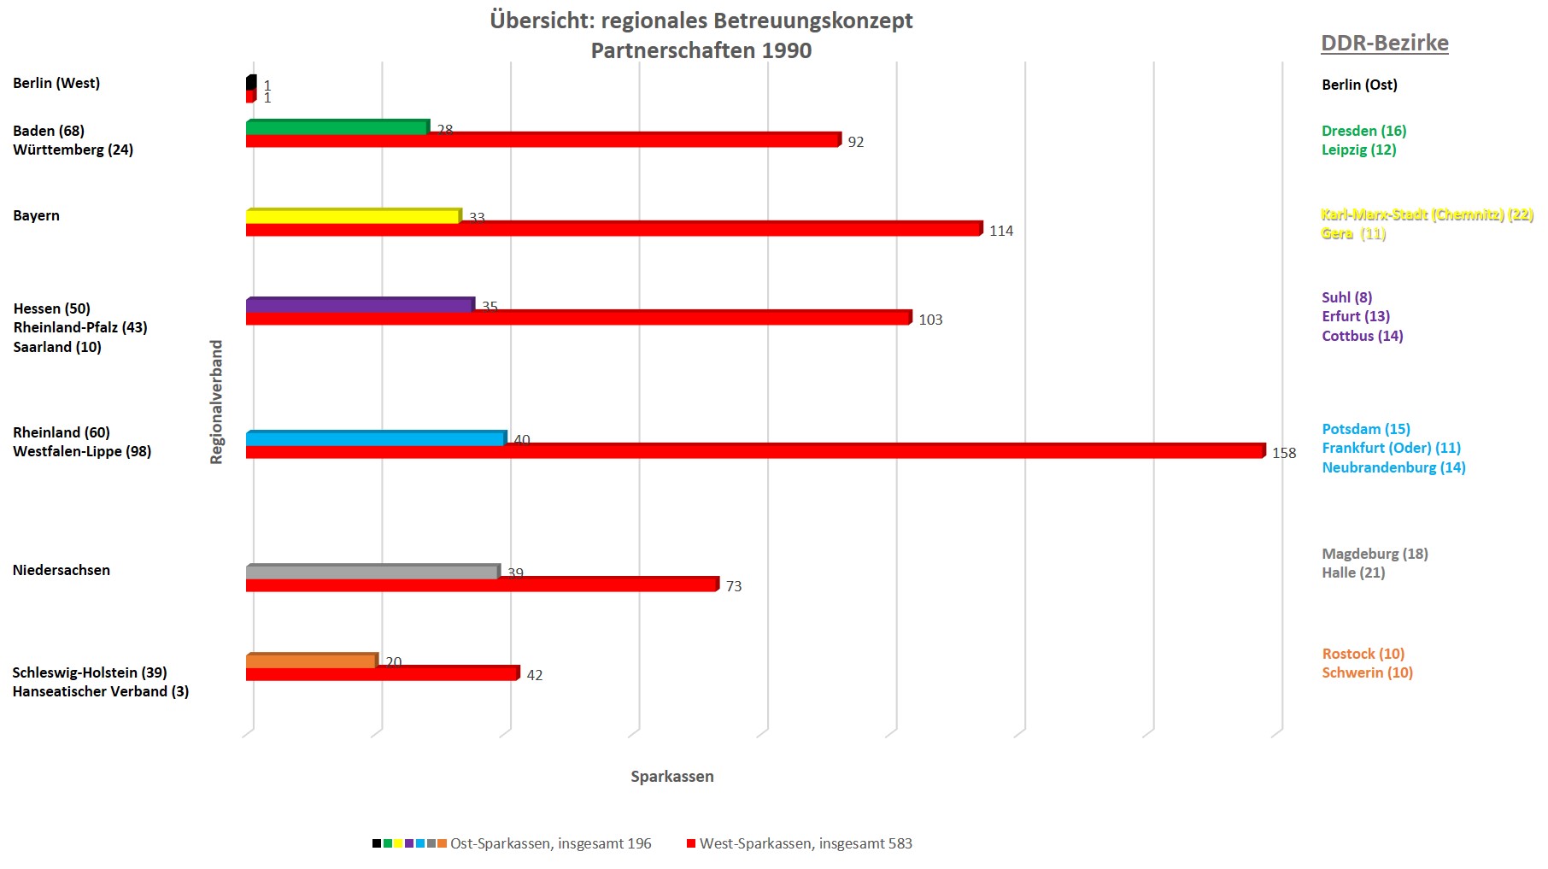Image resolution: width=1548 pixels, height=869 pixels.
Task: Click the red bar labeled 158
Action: (755, 451)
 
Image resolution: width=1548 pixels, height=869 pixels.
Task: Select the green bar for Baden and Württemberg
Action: (337, 127)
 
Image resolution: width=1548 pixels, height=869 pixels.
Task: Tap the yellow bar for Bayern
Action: (353, 216)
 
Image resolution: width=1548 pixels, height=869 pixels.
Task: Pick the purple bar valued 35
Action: (359, 305)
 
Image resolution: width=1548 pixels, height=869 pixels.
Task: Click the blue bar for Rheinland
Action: (375, 438)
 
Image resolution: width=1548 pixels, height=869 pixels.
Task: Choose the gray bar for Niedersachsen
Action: (372, 572)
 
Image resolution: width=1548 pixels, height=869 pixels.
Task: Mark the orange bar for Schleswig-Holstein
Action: (311, 661)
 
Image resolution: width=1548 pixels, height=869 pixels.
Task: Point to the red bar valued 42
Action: (382, 674)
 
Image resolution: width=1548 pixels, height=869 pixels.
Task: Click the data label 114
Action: (1000, 231)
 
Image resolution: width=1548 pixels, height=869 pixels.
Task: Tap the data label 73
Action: (733, 586)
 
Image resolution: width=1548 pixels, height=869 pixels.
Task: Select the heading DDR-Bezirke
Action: (1384, 43)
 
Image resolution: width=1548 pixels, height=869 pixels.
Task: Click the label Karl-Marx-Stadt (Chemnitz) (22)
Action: (1427, 214)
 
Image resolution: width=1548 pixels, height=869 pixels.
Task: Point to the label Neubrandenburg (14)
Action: (1393, 467)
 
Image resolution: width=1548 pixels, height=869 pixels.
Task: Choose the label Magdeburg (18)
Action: (1375, 554)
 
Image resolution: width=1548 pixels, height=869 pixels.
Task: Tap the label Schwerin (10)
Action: (1367, 672)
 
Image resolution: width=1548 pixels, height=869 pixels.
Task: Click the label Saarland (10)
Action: (57, 347)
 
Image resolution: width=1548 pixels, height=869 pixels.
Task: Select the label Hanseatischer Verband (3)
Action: (101, 691)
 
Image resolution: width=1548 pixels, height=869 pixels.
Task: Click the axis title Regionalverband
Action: (216, 402)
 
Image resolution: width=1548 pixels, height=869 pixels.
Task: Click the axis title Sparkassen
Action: (672, 777)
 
